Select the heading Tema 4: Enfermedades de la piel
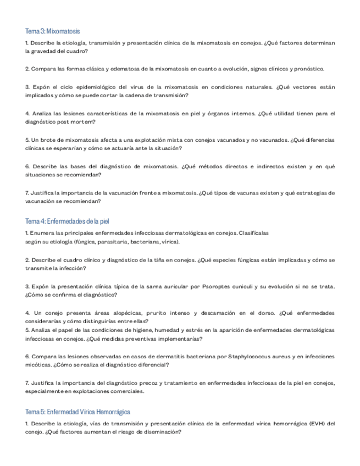tap(68, 221)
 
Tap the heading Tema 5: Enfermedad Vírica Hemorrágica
tap(78, 411)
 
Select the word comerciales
tap(125, 391)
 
